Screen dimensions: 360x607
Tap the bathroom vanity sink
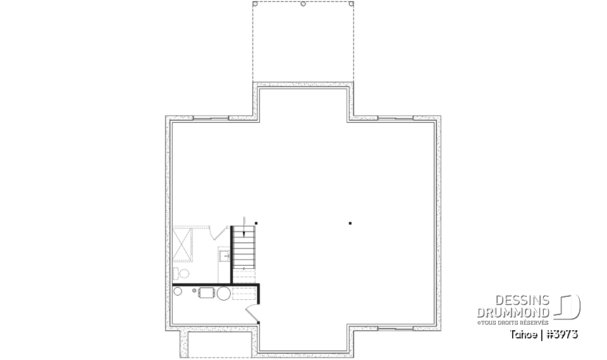224,256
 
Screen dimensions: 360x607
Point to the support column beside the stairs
256,223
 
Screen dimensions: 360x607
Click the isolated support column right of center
350,223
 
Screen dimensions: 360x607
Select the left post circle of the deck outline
255,4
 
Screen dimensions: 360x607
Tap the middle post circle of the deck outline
303,4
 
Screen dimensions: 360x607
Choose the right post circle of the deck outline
352,4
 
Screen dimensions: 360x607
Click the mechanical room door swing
250,311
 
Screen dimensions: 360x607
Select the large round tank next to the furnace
224,292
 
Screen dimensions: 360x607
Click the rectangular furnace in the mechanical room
207,292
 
